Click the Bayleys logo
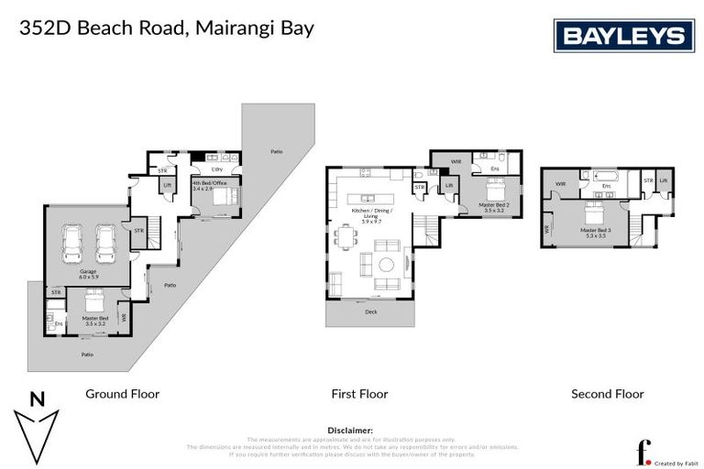click(x=623, y=36)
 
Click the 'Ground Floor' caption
click(x=122, y=394)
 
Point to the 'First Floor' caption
click(x=359, y=394)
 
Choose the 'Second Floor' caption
click(x=607, y=394)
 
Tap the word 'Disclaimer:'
click(x=350, y=429)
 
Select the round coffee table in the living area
click(x=387, y=265)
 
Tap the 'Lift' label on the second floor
click(x=664, y=181)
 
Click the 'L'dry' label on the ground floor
click(x=217, y=169)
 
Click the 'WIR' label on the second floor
click(x=559, y=183)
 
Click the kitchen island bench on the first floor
click(x=369, y=198)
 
